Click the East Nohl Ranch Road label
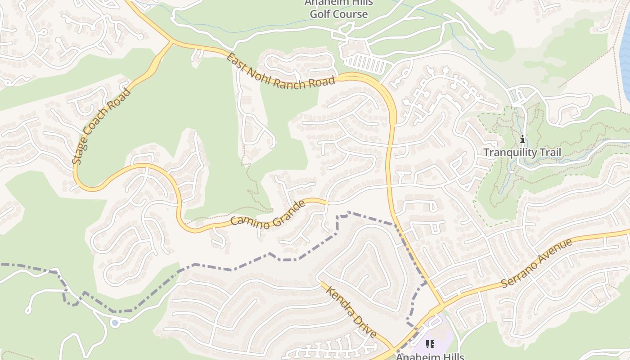[x=281, y=72]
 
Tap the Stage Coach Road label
[x=101, y=126]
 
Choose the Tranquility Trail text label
[x=522, y=153]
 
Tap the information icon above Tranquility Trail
[x=522, y=139]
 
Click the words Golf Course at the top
[x=338, y=14]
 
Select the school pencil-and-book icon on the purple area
[x=430, y=345]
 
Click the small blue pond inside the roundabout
[x=115, y=323]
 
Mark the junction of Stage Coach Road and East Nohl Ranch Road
[x=171, y=43]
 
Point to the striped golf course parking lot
[x=365, y=63]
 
